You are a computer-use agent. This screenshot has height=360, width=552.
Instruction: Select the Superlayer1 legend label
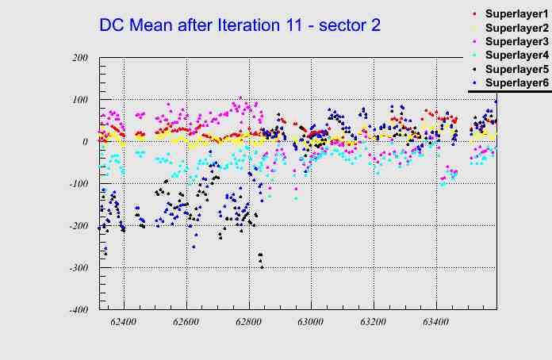click(516, 15)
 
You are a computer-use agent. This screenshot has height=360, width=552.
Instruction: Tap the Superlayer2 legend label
click(516, 29)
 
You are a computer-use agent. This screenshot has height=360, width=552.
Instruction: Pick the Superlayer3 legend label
click(516, 42)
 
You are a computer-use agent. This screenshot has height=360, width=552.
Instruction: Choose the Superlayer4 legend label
click(516, 56)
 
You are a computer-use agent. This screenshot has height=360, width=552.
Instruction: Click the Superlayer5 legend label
click(516, 69)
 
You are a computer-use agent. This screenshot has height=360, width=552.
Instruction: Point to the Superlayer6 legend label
click(516, 82)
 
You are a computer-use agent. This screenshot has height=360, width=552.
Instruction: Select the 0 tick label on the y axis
click(85, 142)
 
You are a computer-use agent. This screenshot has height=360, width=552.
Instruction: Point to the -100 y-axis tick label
click(77, 184)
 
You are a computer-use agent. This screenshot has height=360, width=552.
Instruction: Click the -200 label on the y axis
click(77, 226)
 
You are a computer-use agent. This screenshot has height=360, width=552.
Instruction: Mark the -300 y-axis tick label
click(77, 268)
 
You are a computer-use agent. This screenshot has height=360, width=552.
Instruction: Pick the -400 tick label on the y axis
click(77, 310)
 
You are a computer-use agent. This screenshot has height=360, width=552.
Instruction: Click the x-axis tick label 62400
click(124, 323)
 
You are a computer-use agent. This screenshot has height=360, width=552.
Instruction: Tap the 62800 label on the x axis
click(248, 323)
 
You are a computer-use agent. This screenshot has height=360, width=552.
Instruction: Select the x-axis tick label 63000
click(311, 323)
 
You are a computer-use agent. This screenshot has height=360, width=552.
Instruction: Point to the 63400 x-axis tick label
click(435, 323)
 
